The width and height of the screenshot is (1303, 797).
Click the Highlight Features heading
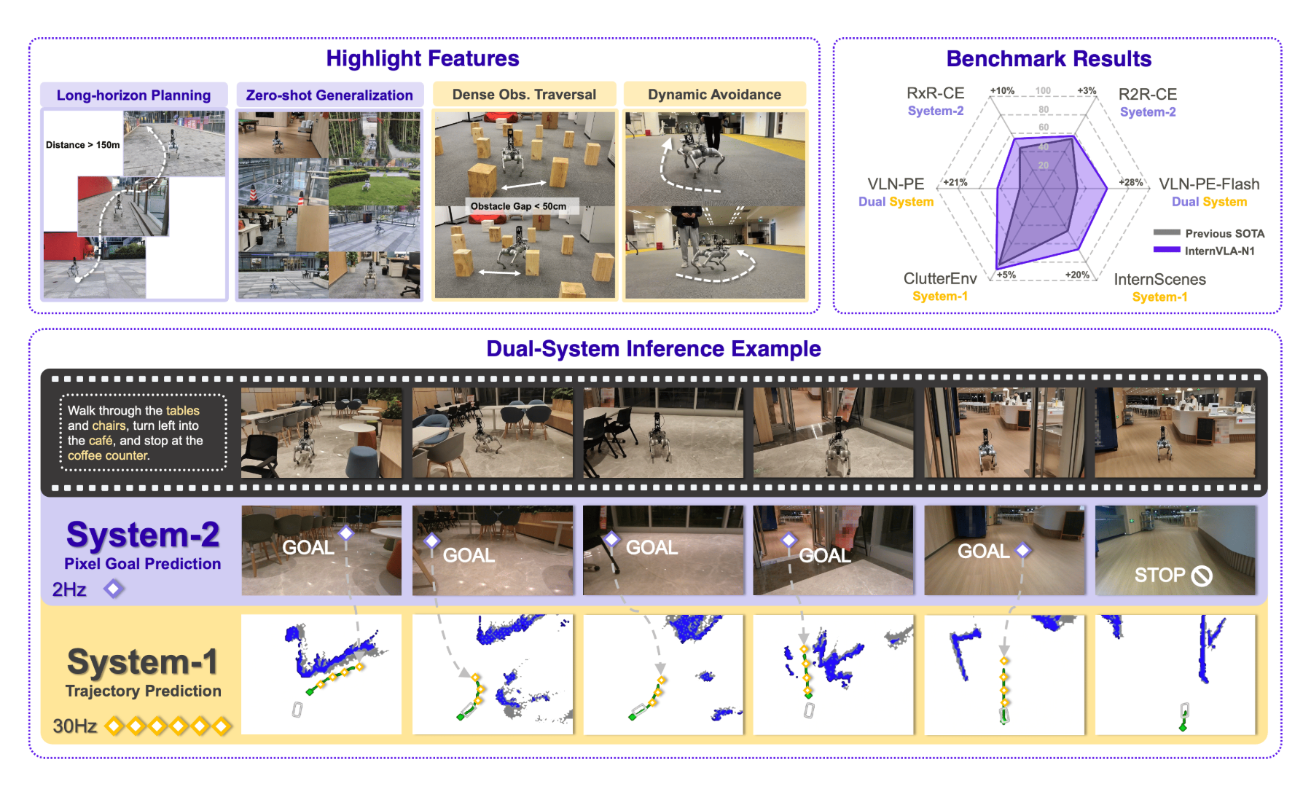[x=422, y=58]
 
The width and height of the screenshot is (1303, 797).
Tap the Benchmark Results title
[x=1048, y=59]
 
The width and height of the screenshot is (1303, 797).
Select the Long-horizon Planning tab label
[x=133, y=95]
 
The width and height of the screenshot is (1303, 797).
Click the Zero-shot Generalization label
[x=329, y=95]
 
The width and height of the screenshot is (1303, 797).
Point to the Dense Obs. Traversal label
[x=524, y=95]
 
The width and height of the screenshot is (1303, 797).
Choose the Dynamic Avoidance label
[x=714, y=95]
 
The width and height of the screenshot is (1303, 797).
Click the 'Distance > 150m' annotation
[x=82, y=145]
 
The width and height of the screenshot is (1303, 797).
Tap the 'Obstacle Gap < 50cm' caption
[x=518, y=206]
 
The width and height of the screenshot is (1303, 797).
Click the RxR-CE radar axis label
[x=935, y=93]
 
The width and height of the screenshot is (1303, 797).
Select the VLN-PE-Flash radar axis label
[x=1209, y=184]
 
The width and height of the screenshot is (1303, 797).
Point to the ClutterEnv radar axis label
[x=940, y=279]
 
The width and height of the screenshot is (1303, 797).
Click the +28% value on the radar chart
[x=1131, y=183]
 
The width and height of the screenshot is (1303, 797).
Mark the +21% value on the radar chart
[x=955, y=183]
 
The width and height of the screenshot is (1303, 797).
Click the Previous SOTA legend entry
[x=1224, y=234]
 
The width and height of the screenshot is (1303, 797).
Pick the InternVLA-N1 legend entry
[x=1219, y=251]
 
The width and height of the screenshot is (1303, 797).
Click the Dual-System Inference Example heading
[x=653, y=349]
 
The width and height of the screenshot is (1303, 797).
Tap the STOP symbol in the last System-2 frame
[x=1201, y=576]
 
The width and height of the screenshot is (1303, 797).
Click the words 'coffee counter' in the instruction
[x=108, y=456]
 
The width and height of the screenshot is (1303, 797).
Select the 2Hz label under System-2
[x=69, y=589]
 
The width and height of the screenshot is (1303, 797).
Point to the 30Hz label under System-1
[x=74, y=726]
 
